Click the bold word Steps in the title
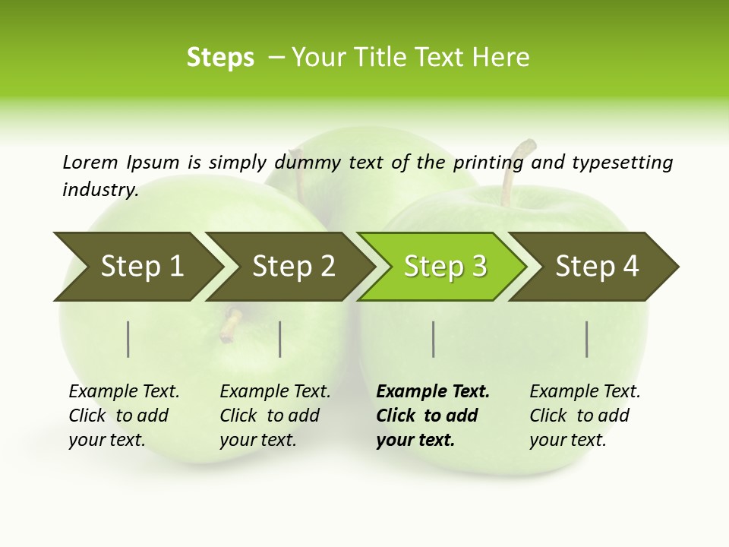(x=220, y=58)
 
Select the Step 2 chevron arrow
(x=293, y=267)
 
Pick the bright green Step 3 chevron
(x=445, y=267)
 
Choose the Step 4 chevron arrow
(x=597, y=267)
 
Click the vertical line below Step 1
(x=128, y=339)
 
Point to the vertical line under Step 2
(x=280, y=339)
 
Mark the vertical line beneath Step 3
(x=433, y=339)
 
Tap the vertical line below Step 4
(x=586, y=339)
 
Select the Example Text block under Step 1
(x=124, y=416)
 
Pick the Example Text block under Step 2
(x=275, y=416)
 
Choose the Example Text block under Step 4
(x=585, y=416)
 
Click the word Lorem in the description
(x=90, y=162)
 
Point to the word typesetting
(x=622, y=162)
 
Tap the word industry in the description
(x=99, y=189)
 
